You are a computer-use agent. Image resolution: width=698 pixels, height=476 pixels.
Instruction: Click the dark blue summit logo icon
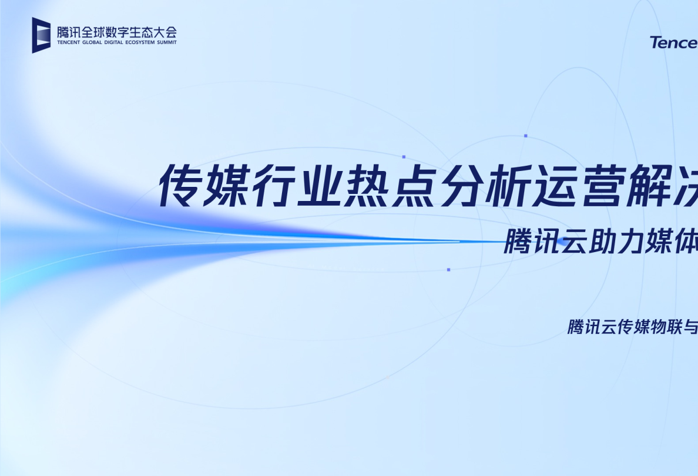(42, 35)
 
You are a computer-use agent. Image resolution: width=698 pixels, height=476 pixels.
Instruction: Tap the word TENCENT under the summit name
(70, 43)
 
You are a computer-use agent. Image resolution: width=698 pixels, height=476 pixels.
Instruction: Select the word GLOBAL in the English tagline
(96, 43)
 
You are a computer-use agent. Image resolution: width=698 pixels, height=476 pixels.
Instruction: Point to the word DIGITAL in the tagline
(119, 43)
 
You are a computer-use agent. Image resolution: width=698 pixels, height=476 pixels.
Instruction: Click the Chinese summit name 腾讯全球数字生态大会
(117, 32)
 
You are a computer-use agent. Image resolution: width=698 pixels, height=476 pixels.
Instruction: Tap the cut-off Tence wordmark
(674, 42)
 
